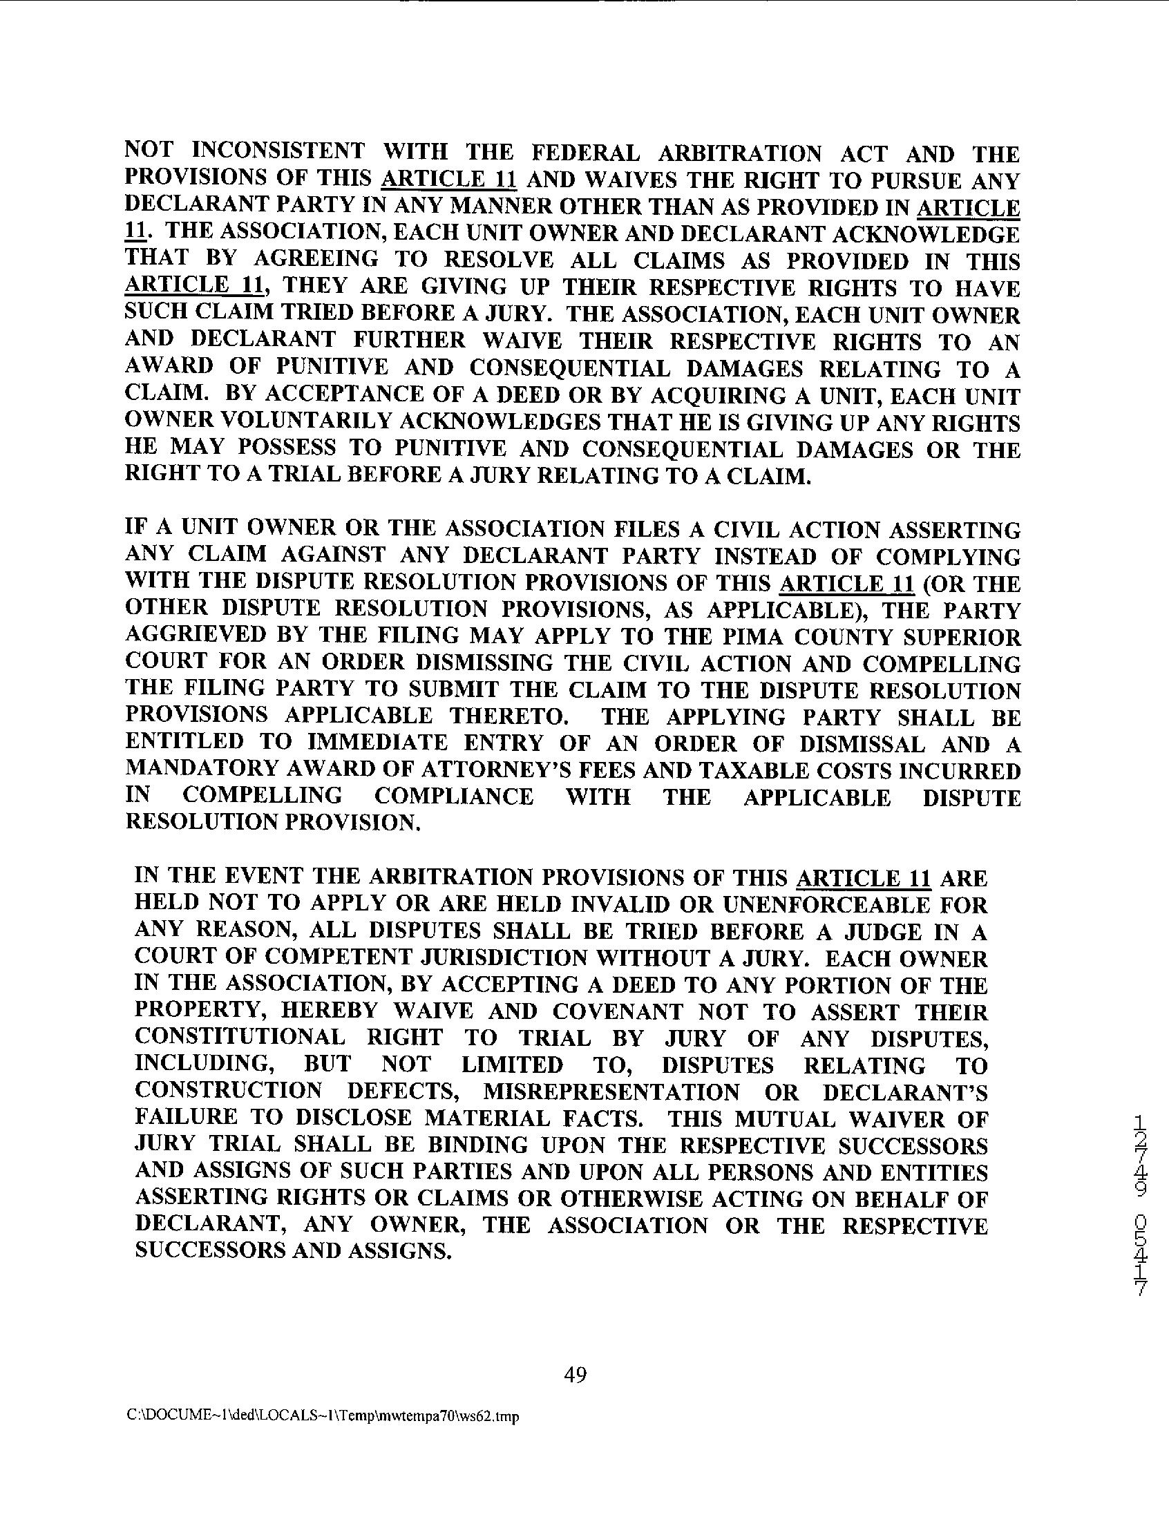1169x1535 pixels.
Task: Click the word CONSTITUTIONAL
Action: point(239,1038)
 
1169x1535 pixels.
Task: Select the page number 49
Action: point(575,1375)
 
